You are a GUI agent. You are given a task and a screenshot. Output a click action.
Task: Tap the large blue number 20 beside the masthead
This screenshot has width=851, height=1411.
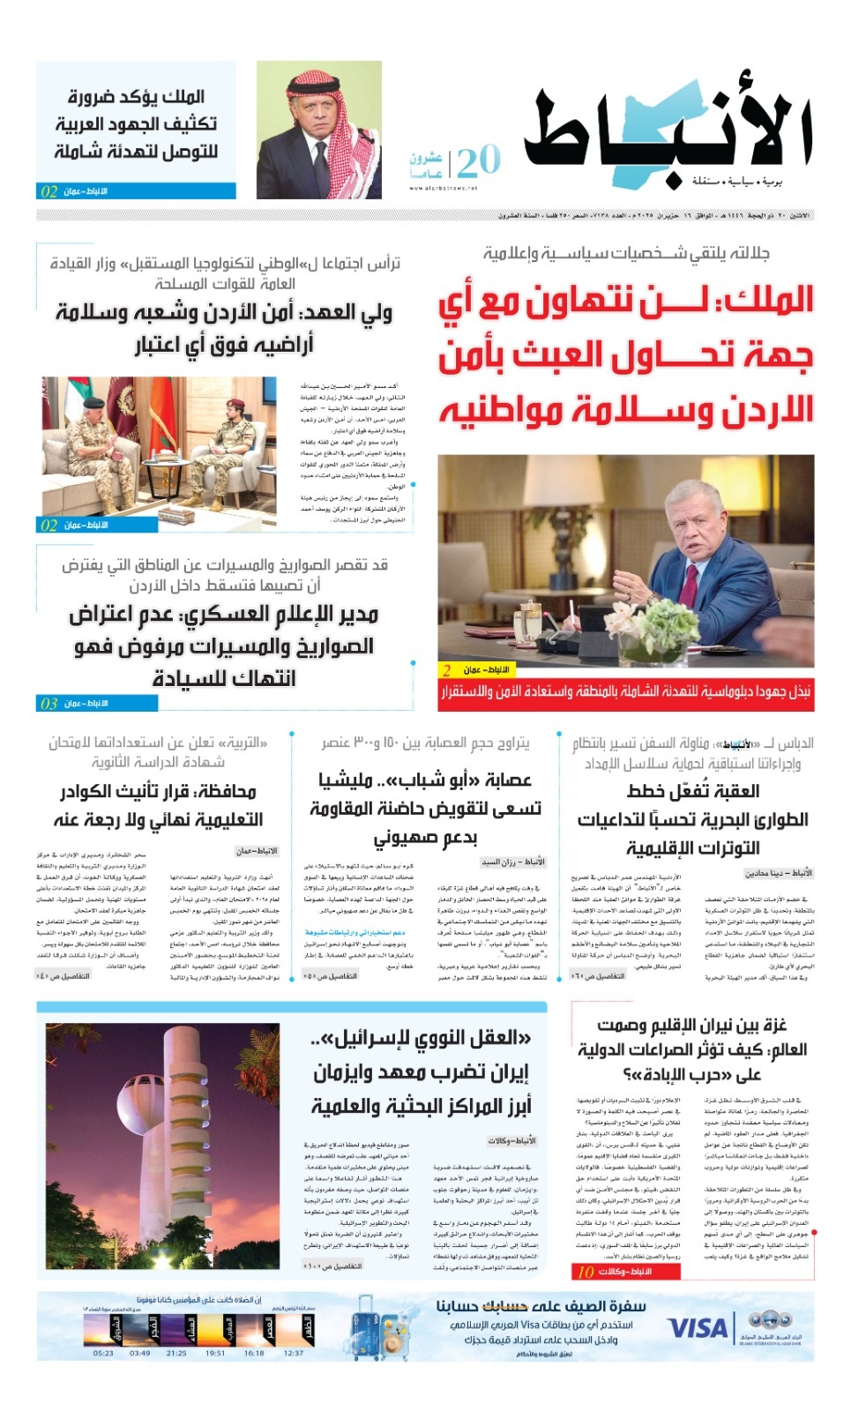pos(478,161)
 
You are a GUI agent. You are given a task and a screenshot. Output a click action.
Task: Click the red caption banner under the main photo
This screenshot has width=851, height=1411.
pos(626,693)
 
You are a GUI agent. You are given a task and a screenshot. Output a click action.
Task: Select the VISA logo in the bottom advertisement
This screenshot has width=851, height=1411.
pos(697,1328)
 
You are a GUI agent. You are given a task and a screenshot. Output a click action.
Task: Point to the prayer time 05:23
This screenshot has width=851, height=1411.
pos(103,1353)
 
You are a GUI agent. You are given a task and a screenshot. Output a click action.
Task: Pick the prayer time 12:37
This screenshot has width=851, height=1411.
pos(294,1353)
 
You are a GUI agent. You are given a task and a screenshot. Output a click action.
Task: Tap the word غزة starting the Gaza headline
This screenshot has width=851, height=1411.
pos(770,1025)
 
